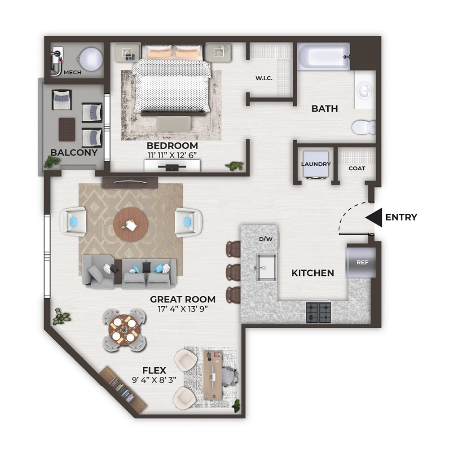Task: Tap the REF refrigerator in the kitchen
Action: coord(361,262)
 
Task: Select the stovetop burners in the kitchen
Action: coord(318,312)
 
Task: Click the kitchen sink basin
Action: coord(266,268)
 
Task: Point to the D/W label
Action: coord(266,239)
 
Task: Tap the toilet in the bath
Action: coord(364,127)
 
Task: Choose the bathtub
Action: coord(323,57)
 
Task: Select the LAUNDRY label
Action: coord(316,164)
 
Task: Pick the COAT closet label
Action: coord(357,168)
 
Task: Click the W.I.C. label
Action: coord(264,78)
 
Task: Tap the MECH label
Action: coord(72,72)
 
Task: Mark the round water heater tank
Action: coord(91,59)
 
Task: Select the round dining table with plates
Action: coord(124,330)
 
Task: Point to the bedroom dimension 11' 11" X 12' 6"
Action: coord(172,155)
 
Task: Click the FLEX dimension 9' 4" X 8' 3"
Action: coord(154,380)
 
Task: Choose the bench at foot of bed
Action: coord(173,124)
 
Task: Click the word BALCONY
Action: coord(74,152)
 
